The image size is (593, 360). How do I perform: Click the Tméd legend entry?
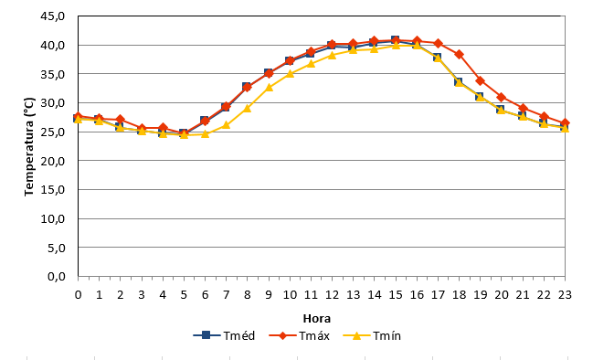(224, 335)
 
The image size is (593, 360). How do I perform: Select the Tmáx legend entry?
(299, 335)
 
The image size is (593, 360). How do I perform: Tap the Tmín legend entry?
(372, 335)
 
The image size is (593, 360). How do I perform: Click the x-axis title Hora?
(316, 318)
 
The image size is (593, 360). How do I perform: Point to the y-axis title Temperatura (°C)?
(29, 147)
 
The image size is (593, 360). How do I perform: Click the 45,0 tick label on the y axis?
(53, 16)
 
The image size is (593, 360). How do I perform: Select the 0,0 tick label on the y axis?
(57, 277)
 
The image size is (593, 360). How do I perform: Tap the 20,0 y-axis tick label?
(53, 161)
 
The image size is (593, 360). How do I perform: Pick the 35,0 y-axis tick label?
(53, 74)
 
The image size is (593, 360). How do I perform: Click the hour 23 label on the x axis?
(565, 294)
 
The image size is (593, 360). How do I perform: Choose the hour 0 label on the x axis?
(78, 294)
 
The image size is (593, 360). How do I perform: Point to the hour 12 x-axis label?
(332, 294)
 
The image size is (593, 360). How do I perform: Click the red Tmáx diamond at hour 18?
(459, 55)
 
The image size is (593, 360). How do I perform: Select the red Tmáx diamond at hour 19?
(481, 81)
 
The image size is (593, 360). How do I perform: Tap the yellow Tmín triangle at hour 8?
(248, 108)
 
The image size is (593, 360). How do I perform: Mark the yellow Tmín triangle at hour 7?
(227, 125)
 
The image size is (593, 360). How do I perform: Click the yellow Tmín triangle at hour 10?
(290, 73)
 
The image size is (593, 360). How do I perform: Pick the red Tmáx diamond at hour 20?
(502, 98)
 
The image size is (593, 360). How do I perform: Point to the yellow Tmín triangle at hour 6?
(205, 133)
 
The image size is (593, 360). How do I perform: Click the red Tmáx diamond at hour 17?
(438, 44)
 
